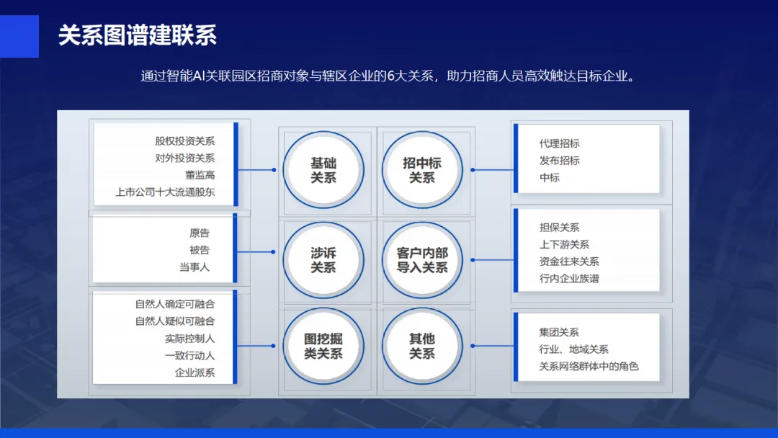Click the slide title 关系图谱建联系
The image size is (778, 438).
click(138, 35)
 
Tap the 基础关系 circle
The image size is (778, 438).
click(323, 170)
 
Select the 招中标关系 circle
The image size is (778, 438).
click(422, 170)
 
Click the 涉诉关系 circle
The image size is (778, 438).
click(323, 260)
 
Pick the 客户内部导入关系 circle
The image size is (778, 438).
click(422, 260)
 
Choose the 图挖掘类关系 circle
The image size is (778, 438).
click(323, 346)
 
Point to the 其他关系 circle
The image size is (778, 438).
click(422, 346)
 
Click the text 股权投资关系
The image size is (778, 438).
click(184, 141)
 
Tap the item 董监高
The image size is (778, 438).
click(200, 175)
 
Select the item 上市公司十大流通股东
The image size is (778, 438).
click(165, 192)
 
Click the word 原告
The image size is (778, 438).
click(200, 233)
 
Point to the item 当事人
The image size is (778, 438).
click(194, 267)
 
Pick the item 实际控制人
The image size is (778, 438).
click(189, 339)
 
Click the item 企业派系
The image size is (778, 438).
click(194, 372)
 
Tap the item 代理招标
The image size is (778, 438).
click(559, 143)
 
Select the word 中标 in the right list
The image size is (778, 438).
click(550, 177)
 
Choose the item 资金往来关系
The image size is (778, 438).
click(569, 262)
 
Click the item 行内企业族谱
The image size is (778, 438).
click(569, 279)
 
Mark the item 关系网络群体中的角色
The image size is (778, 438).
click(589, 367)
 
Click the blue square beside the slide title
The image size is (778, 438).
click(19, 36)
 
